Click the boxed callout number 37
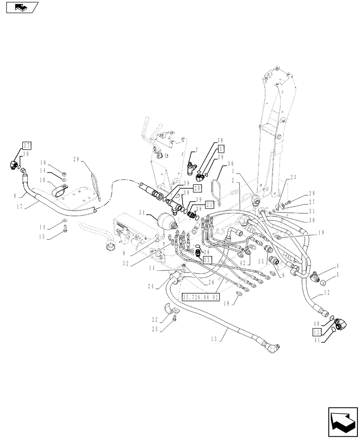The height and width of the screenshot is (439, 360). click(x=27, y=146)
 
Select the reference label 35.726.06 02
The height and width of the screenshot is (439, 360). click(x=200, y=296)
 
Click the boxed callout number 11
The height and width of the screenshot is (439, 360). click(x=317, y=331)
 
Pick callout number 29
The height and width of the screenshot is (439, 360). click(x=78, y=160)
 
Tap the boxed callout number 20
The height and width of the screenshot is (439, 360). click(x=197, y=187)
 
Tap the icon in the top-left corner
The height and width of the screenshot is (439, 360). click(x=22, y=7)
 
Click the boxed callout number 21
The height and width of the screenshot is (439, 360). click(x=209, y=205)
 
